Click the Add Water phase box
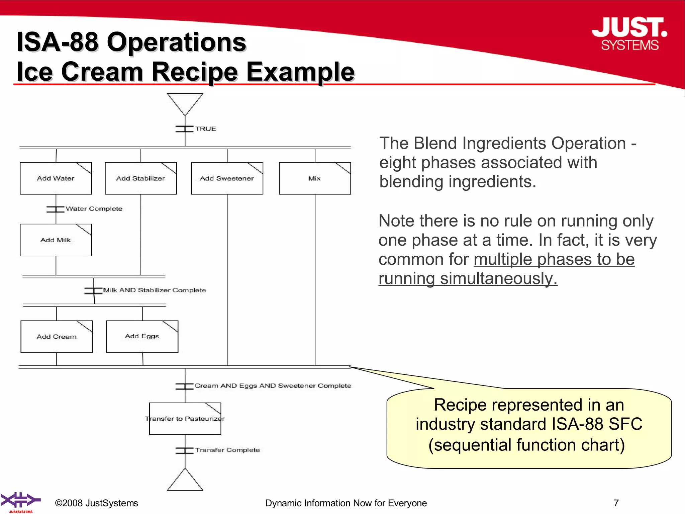point(56,178)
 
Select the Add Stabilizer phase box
point(140,178)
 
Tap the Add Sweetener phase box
point(227,178)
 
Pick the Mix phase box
point(315,178)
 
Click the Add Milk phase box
point(56,240)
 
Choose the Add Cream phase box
point(57,336)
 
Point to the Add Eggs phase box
point(142,336)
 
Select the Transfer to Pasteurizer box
point(185,419)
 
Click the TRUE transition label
point(205,129)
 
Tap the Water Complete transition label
point(94,209)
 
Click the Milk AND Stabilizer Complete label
point(154,290)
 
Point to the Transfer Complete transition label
point(227,450)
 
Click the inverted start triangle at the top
point(185,102)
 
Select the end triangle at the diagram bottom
point(185,482)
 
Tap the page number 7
point(616,503)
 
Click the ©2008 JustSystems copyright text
point(96,503)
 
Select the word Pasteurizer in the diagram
point(204,419)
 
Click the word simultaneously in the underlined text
point(499,278)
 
